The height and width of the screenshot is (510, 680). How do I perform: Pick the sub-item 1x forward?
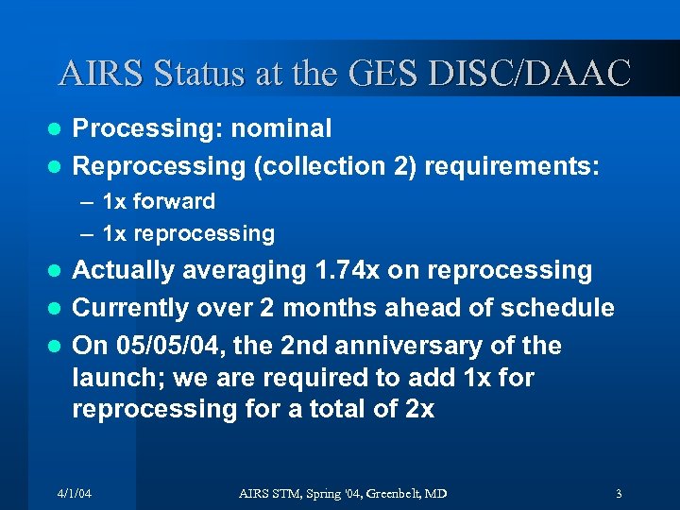pos(158,201)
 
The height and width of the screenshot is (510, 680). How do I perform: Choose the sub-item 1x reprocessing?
pos(188,233)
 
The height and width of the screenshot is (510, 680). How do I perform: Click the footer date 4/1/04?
pos(74,494)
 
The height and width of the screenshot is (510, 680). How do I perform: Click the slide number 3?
pos(618,494)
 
